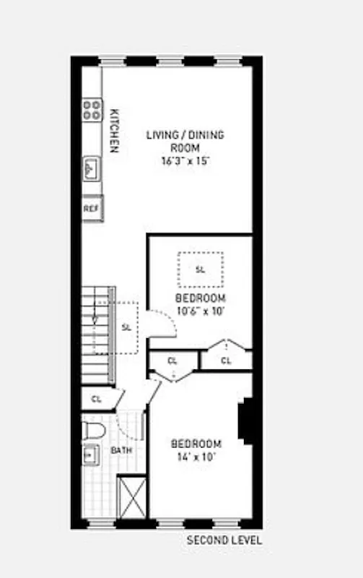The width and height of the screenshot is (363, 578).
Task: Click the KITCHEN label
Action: [114, 131]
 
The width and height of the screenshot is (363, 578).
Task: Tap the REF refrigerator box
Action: [92, 208]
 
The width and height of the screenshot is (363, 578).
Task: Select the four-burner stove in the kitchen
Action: [92, 110]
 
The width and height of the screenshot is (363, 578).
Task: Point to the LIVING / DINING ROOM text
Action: [185, 141]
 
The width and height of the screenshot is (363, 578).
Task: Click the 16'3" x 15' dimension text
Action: [185, 161]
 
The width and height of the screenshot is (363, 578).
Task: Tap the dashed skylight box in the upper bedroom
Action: [200, 269]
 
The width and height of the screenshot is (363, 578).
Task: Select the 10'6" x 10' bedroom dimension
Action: [200, 311]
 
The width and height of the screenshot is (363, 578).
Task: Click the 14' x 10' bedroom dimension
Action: [196, 457]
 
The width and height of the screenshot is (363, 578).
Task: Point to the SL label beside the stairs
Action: [126, 327]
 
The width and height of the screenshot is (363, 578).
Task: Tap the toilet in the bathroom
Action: [94, 431]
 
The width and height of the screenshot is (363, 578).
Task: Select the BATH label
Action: [121, 451]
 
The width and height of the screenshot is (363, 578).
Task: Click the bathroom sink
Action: [91, 455]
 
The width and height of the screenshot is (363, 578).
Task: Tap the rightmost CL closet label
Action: [226, 361]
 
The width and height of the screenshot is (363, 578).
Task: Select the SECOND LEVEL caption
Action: [224, 540]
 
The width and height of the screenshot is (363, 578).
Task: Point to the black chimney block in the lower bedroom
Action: [246, 420]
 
